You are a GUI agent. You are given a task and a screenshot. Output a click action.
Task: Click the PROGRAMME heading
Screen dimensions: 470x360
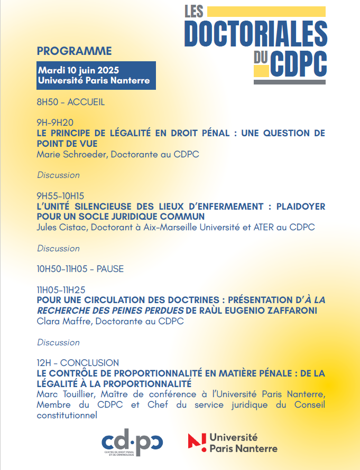point(74,51)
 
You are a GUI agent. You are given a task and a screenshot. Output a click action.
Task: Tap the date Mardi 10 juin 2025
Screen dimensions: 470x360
point(78,70)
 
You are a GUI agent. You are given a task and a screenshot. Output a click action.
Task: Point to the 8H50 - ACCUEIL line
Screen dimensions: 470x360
point(71,102)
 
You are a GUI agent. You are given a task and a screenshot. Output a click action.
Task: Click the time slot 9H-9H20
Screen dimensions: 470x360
point(55,123)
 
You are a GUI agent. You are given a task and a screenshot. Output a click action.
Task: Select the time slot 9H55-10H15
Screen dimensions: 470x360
point(60,195)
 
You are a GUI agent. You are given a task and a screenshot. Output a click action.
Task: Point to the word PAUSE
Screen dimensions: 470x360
point(110,269)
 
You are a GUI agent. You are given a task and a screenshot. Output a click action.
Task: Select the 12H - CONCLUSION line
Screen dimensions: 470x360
point(78,363)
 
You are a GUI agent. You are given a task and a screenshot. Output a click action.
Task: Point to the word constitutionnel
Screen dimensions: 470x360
point(67,415)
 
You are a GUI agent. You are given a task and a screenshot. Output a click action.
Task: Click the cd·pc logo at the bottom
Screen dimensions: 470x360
point(132,441)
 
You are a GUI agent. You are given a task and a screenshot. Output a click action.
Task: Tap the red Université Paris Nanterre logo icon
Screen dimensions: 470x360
point(197,442)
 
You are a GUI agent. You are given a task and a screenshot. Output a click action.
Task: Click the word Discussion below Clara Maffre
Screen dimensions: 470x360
point(58,342)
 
